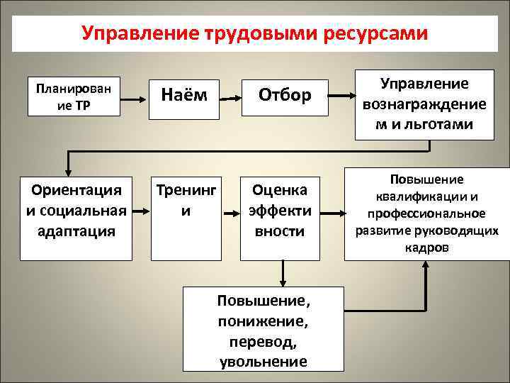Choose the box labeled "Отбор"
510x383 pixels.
(285, 95)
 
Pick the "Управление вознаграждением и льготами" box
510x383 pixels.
(424, 104)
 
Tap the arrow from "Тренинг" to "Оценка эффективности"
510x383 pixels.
(232, 211)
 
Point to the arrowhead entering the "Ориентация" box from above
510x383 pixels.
(68, 171)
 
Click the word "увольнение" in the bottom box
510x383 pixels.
(263, 361)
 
